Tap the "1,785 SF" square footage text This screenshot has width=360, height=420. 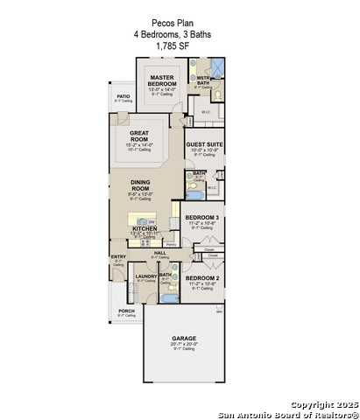(173, 45)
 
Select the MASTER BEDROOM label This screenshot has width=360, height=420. (163, 80)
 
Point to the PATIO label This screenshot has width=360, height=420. (124, 96)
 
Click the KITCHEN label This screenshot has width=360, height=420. (144, 229)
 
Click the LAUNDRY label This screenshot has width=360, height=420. (145, 276)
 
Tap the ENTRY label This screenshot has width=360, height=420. (118, 256)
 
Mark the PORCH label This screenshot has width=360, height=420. (126, 311)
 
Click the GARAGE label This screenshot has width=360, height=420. (184, 338)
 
